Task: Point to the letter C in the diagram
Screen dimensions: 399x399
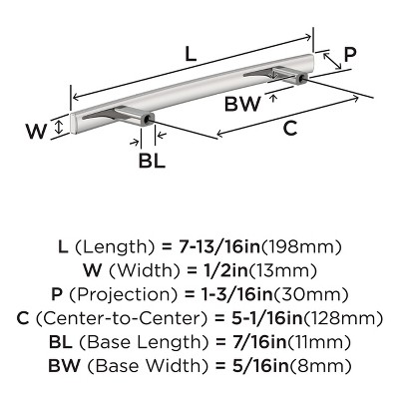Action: tap(289, 128)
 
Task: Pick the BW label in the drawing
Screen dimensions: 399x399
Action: tap(242, 104)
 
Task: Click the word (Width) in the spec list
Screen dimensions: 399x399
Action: tap(128, 270)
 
